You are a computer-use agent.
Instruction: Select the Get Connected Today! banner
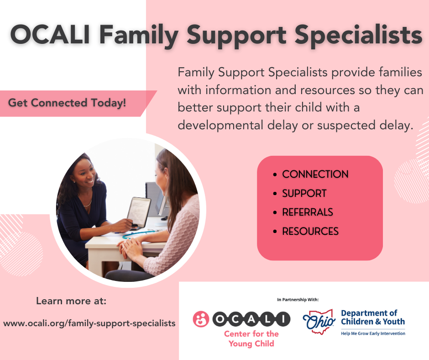pos(67,103)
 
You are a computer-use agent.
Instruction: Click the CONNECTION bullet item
pos(315,174)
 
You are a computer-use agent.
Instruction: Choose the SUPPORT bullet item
pos(304,193)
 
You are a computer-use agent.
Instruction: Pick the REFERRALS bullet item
pos(307,212)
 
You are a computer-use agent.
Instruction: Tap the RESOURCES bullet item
pos(310,231)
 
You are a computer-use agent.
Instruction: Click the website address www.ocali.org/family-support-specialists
pos(89,323)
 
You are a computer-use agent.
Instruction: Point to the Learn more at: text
pos(71,301)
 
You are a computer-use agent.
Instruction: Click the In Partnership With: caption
pos(298,300)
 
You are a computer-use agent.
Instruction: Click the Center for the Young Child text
pos(251,339)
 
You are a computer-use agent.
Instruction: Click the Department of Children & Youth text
pos(372,317)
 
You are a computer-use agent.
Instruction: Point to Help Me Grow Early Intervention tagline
pos(372,334)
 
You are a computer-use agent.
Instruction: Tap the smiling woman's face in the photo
pos(87,171)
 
